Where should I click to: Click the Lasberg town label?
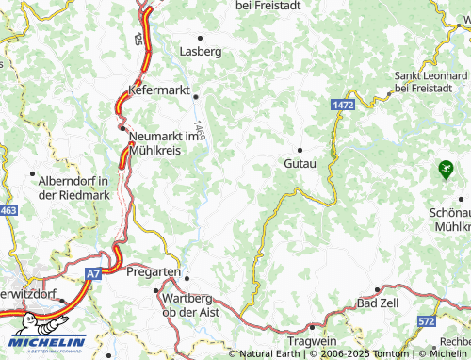click(x=200, y=51)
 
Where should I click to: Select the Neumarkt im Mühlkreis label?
click(x=167, y=141)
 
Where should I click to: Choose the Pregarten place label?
click(x=153, y=272)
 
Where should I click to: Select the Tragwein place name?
click(x=311, y=340)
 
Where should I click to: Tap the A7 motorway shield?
click(x=91, y=273)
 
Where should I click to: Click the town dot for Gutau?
click(x=300, y=149)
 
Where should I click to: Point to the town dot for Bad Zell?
click(x=377, y=290)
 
